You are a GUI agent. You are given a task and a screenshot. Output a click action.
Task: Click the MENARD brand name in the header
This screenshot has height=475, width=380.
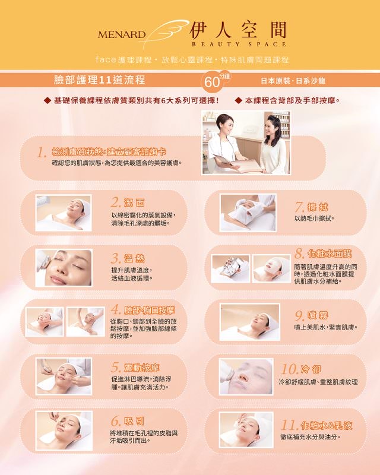coord(122,34)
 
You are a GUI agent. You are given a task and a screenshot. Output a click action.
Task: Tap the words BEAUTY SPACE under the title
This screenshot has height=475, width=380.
coord(239,44)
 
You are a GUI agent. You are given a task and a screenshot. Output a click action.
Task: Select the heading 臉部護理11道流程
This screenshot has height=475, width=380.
coord(99,80)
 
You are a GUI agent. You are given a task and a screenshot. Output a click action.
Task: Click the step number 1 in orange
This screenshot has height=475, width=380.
coord(42,153)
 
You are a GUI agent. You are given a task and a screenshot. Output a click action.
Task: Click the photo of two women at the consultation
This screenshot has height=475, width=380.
coord(246,142)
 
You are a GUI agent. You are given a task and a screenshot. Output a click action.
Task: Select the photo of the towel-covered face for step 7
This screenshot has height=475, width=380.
coord(248,212)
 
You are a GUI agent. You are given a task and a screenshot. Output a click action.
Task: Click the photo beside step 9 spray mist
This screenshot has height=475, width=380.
coord(249,322)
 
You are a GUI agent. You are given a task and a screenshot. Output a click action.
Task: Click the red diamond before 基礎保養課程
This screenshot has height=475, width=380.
coord(47,100)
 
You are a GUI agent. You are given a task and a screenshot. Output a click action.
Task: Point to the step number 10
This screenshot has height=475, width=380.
coord(289,369)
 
